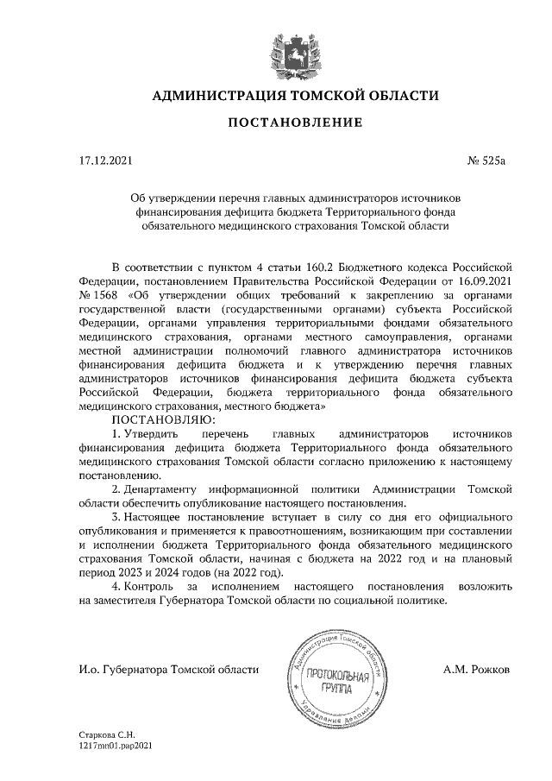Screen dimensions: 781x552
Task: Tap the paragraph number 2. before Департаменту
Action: coord(116,489)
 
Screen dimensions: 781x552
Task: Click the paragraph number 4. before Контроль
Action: coord(116,587)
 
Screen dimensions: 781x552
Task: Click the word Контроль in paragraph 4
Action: coord(154,587)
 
